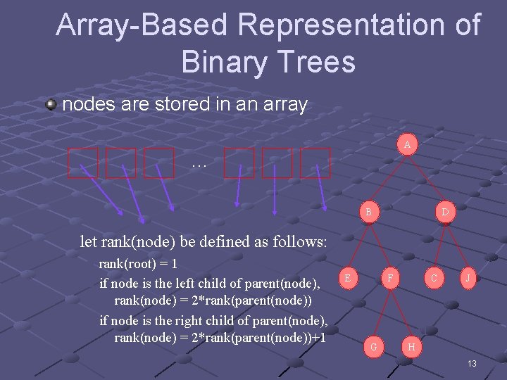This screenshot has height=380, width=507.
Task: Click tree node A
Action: [406, 145]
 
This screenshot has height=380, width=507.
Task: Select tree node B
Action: [368, 210]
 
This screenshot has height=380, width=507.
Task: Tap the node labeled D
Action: [445, 211]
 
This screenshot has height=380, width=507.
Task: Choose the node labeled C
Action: [434, 279]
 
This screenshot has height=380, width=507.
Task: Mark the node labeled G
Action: [373, 346]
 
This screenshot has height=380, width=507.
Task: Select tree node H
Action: [411, 346]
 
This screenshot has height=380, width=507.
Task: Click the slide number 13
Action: [471, 364]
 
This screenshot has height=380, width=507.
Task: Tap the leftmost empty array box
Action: [82, 163]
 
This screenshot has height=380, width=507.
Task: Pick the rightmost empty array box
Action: [315, 163]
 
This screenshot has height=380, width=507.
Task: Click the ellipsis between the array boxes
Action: [199, 163]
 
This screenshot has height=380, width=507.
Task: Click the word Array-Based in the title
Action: [142, 25]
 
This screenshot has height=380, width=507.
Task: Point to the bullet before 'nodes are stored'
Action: [51, 105]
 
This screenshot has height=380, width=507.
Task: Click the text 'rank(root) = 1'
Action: [138, 265]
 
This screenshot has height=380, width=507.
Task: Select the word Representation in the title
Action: [341, 25]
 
